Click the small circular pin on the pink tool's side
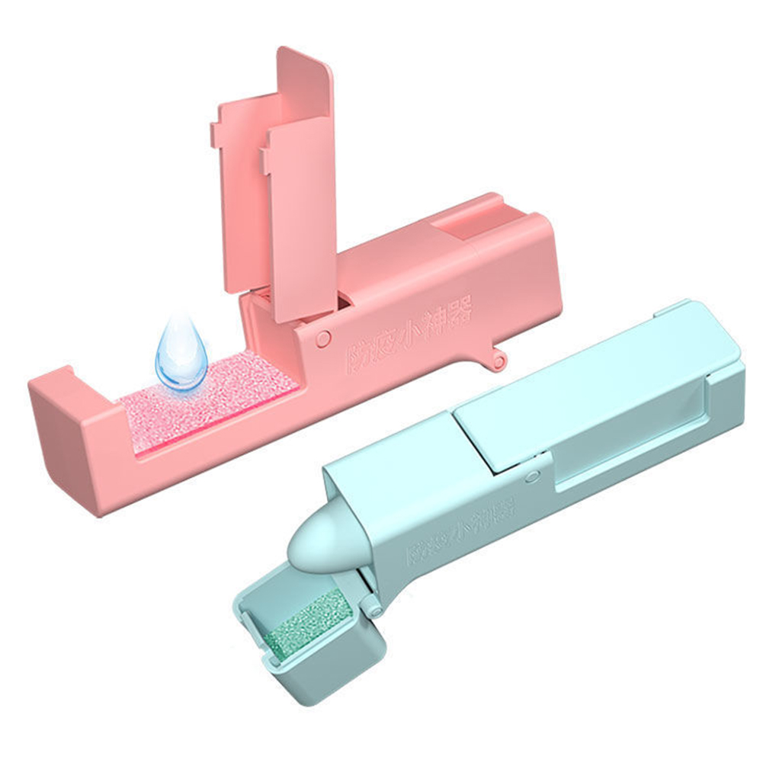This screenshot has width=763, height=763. [x=323, y=337]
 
